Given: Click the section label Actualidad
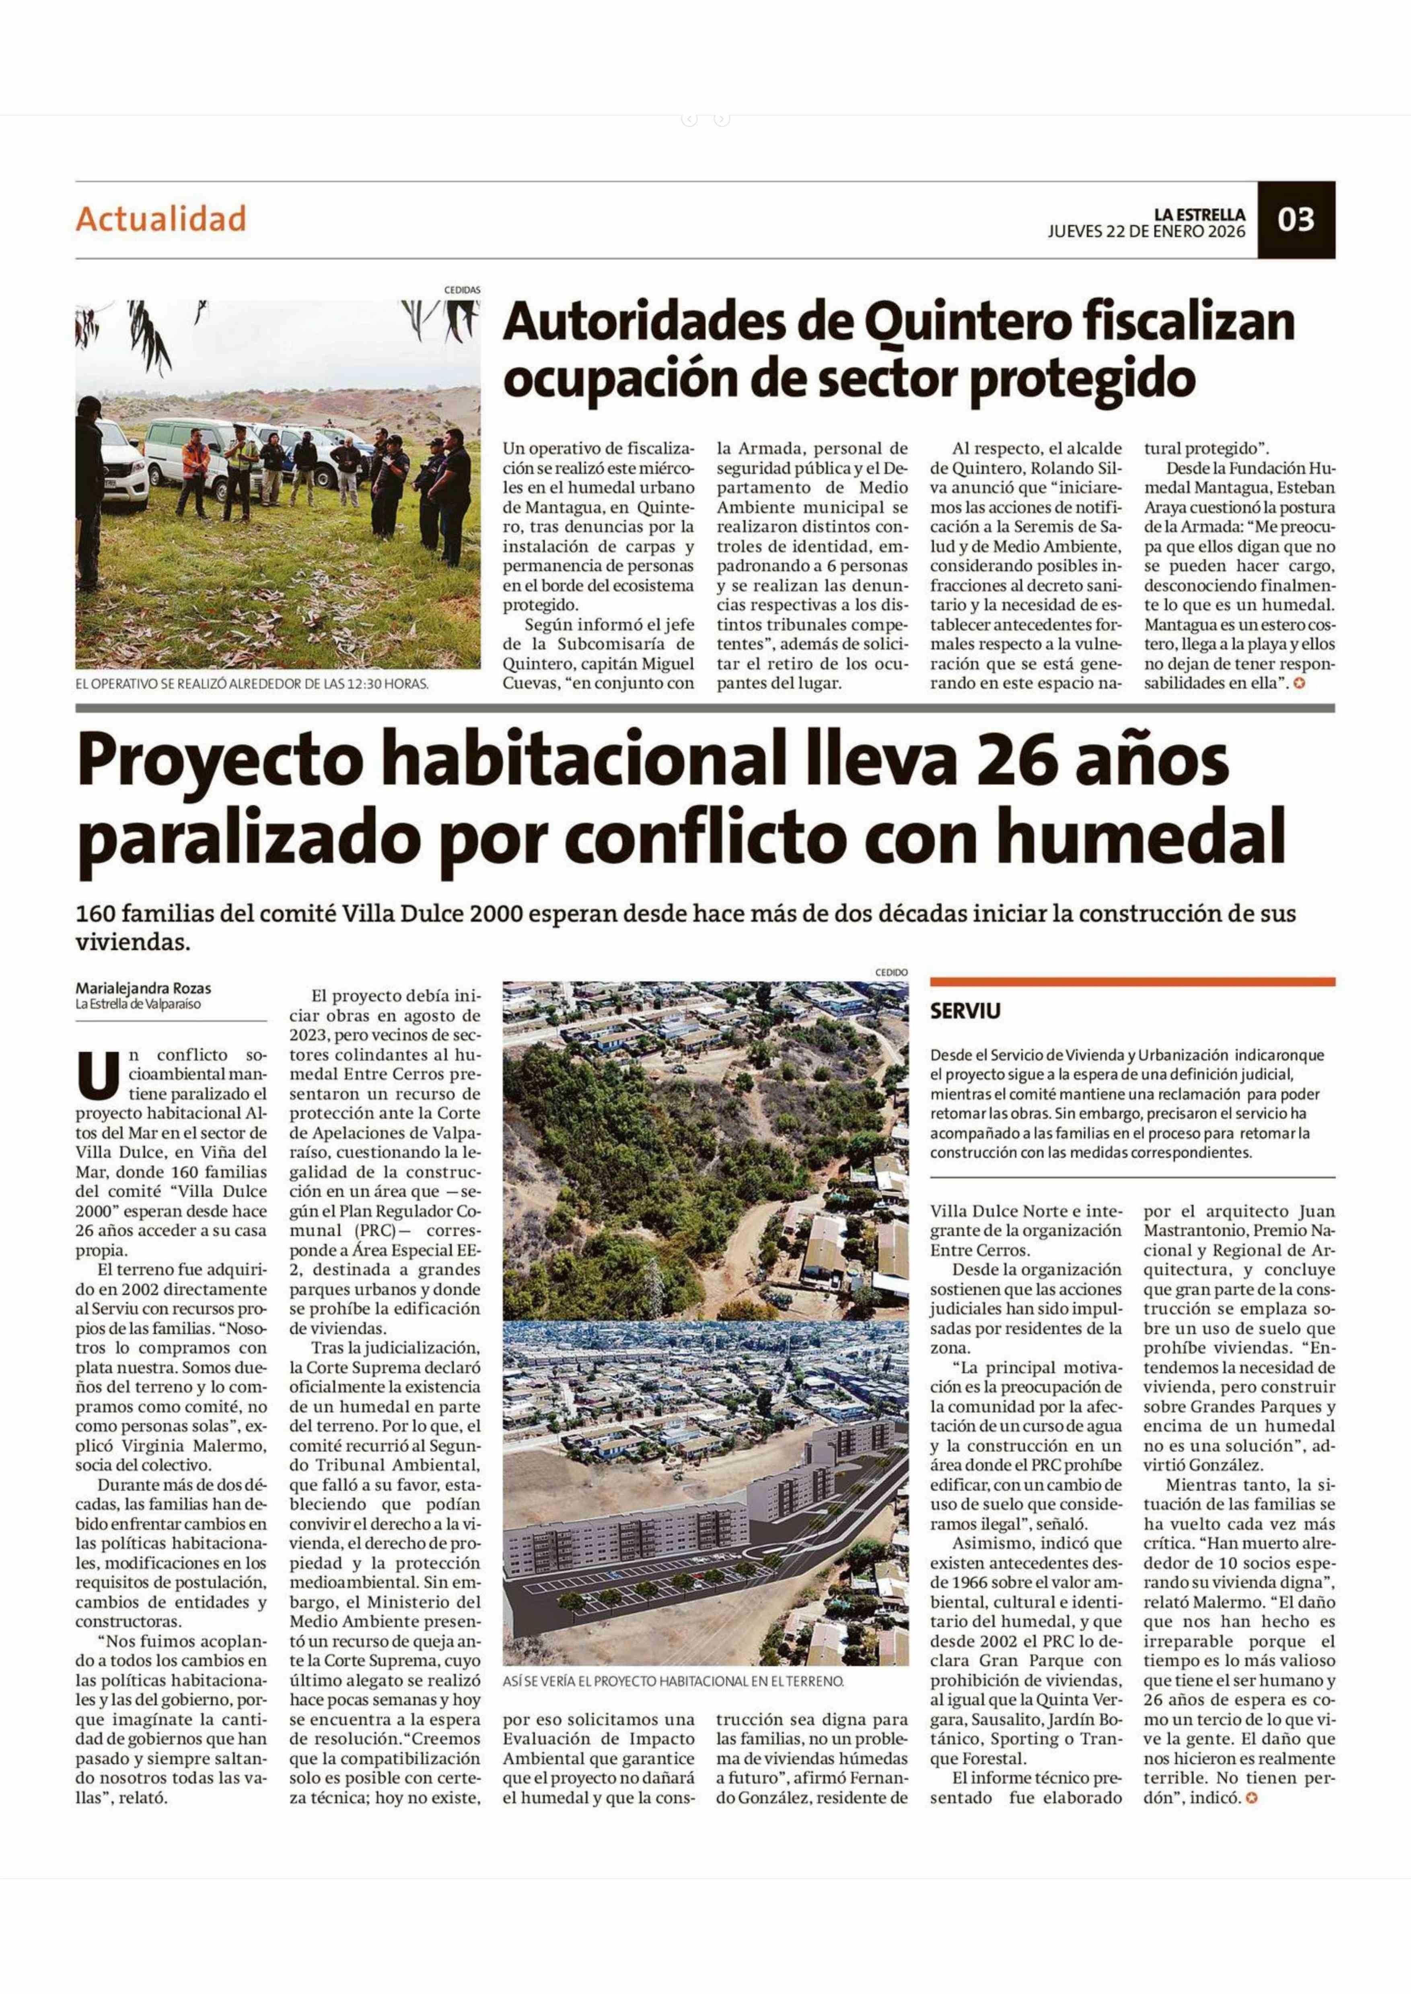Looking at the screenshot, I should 161,219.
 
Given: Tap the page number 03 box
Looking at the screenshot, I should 1296,220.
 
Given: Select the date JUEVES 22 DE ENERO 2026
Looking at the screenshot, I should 1146,232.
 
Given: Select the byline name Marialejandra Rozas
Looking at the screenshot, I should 143,989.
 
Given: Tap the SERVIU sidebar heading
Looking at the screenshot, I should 965,1011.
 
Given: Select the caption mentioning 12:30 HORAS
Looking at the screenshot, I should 252,684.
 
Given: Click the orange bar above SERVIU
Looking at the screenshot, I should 1132,982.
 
